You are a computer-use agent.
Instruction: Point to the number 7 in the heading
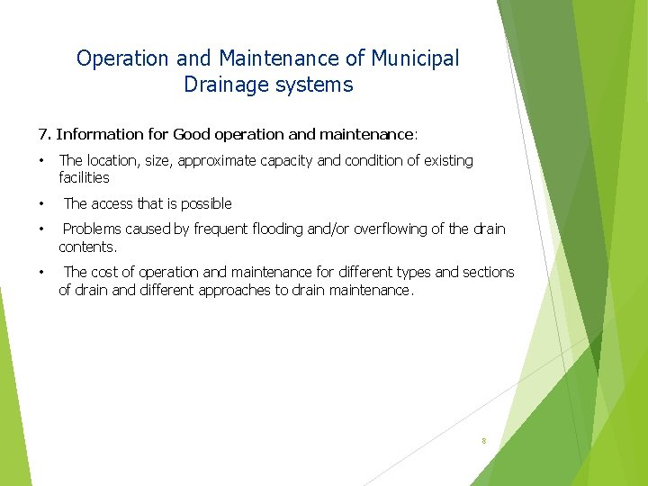42,135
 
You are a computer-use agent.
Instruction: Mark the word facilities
84,178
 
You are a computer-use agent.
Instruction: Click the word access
112,204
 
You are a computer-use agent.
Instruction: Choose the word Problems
94,229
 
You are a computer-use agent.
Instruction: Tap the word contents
86,247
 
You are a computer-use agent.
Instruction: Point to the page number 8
484,441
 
